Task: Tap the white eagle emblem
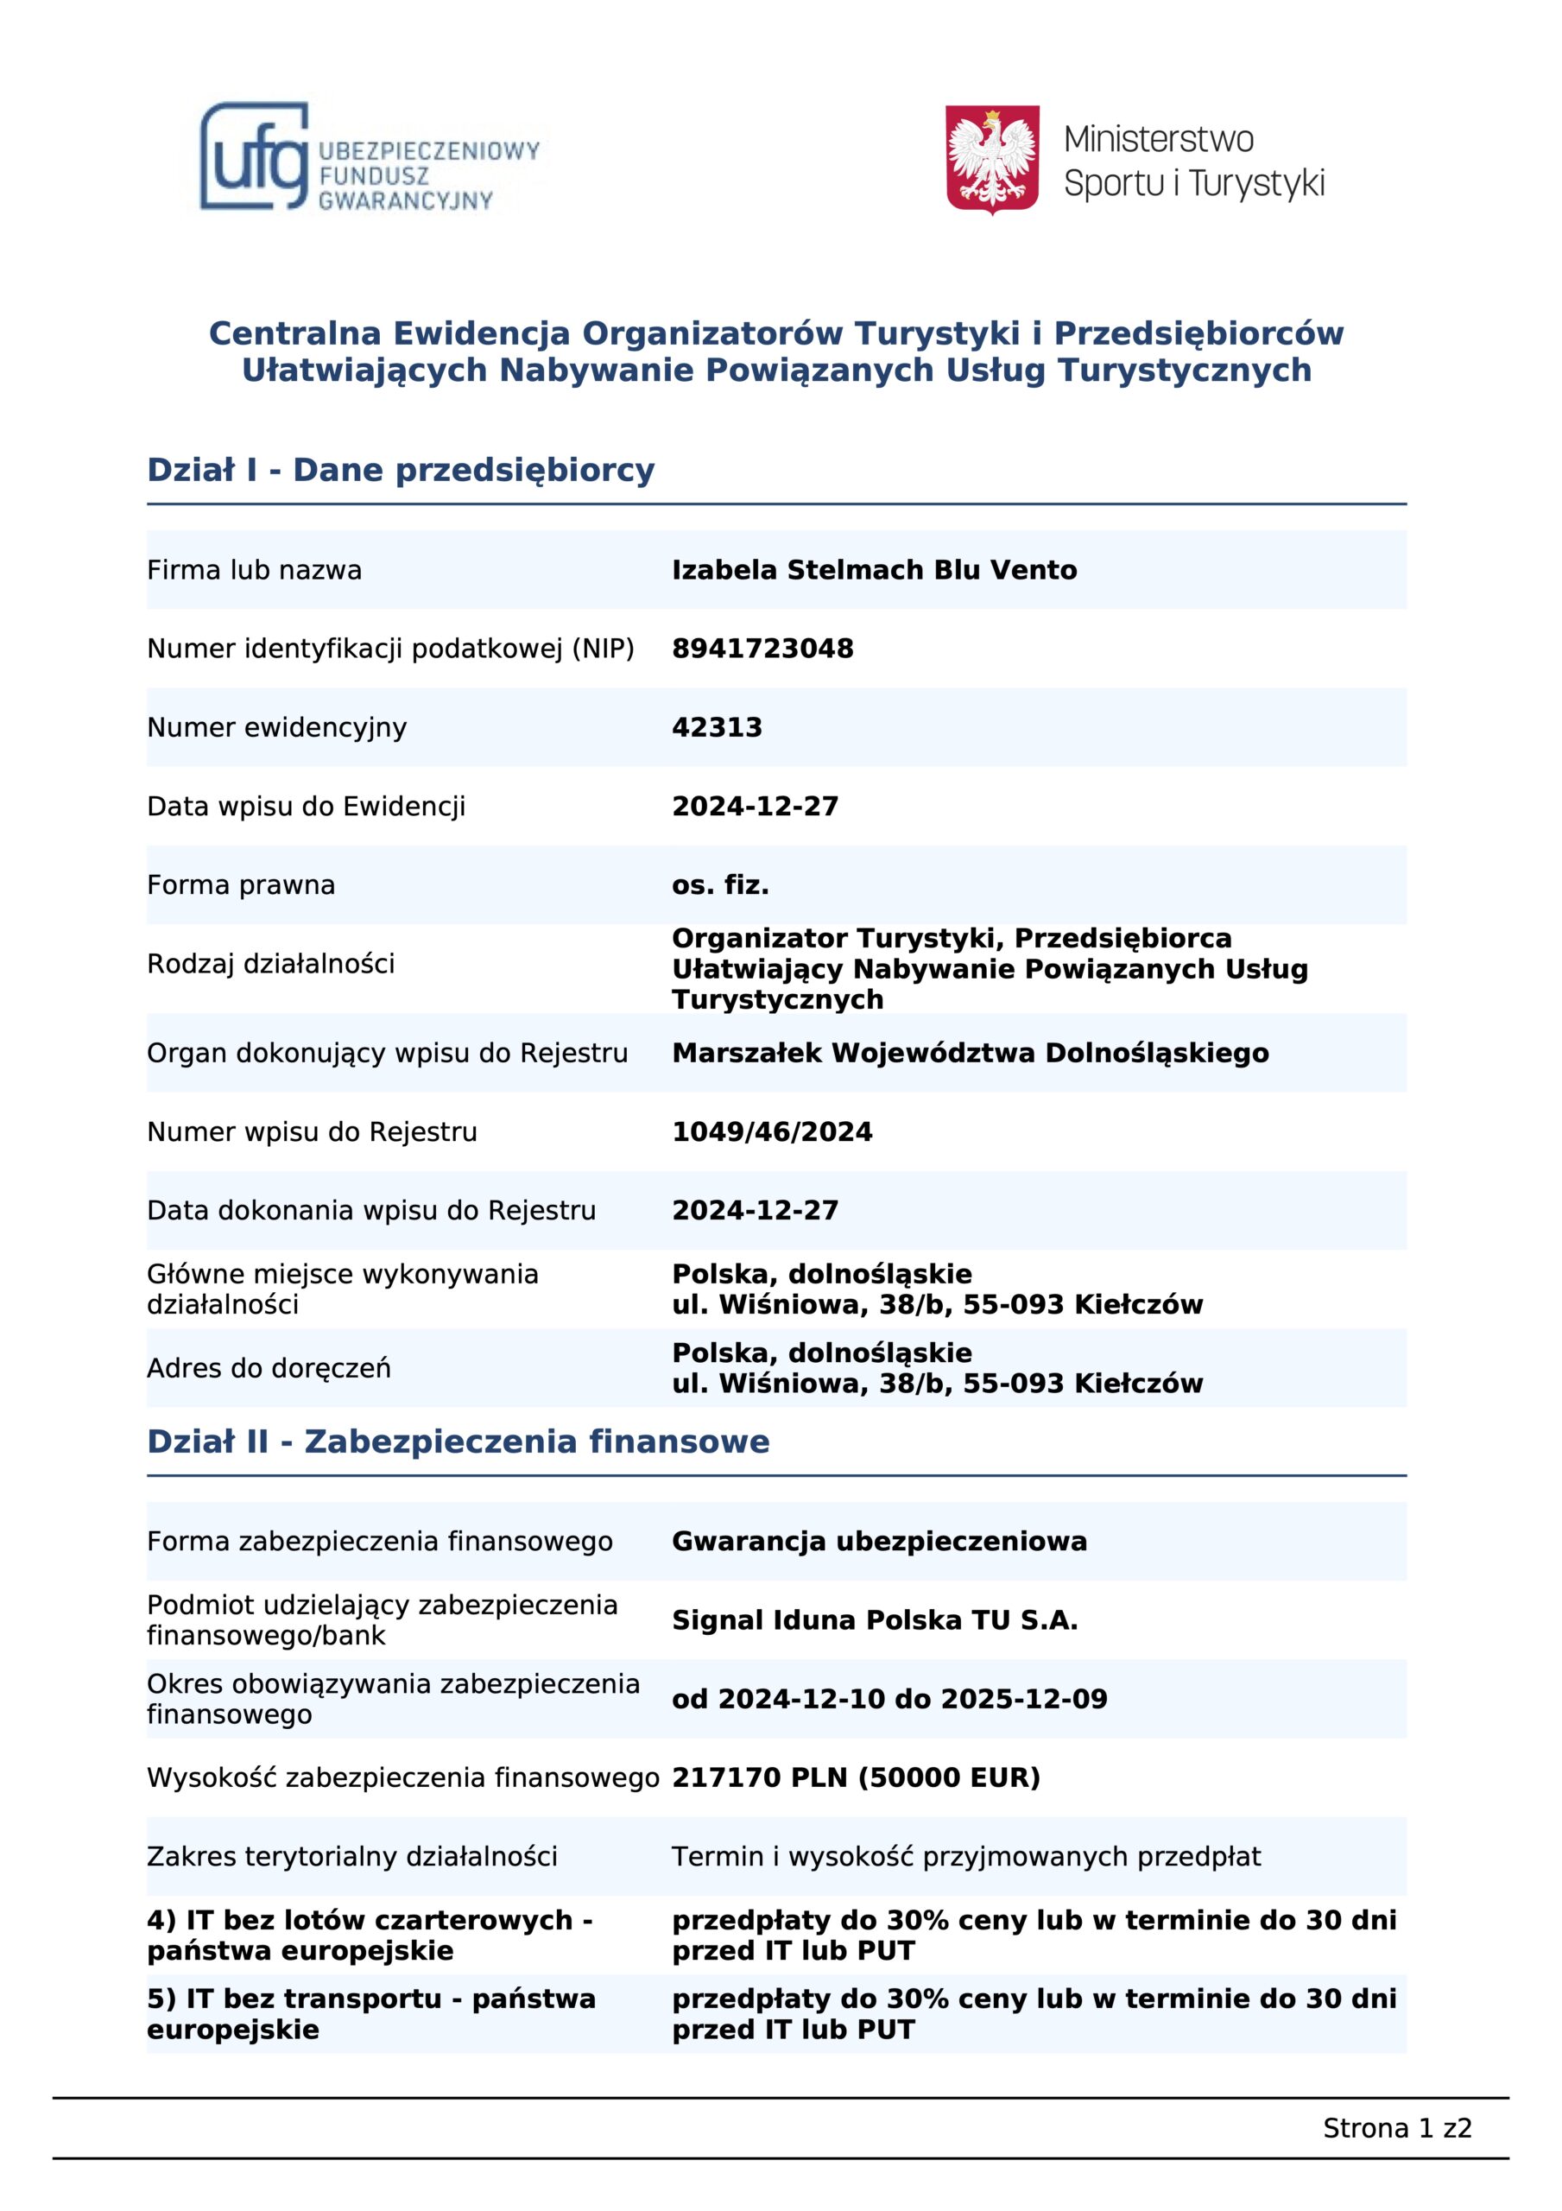(x=992, y=159)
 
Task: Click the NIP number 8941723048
(x=762, y=648)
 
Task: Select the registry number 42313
(x=717, y=727)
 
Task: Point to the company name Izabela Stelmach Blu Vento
(x=874, y=569)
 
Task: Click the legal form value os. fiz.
(x=719, y=885)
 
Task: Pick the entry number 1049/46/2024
(x=771, y=1131)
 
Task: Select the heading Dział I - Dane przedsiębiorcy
(x=401, y=470)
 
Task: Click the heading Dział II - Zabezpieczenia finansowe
(x=458, y=1441)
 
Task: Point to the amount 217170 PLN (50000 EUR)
(x=856, y=1777)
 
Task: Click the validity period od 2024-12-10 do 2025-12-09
(x=889, y=1699)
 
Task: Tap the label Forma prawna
(x=241, y=885)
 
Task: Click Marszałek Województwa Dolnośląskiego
(x=970, y=1053)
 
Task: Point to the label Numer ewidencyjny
(x=276, y=727)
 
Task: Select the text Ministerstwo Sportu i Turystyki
(x=1193, y=161)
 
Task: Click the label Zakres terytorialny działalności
(x=351, y=1857)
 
